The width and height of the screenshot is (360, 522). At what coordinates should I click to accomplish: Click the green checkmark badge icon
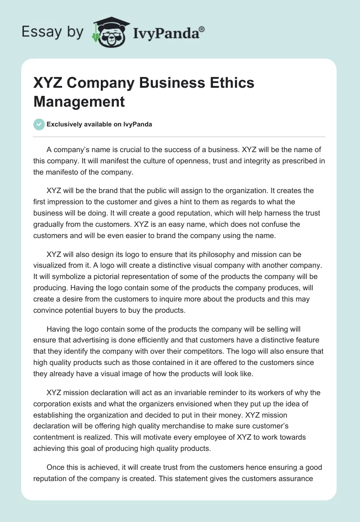[x=39, y=124]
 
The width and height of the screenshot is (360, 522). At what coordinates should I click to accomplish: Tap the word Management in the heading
[x=79, y=102]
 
